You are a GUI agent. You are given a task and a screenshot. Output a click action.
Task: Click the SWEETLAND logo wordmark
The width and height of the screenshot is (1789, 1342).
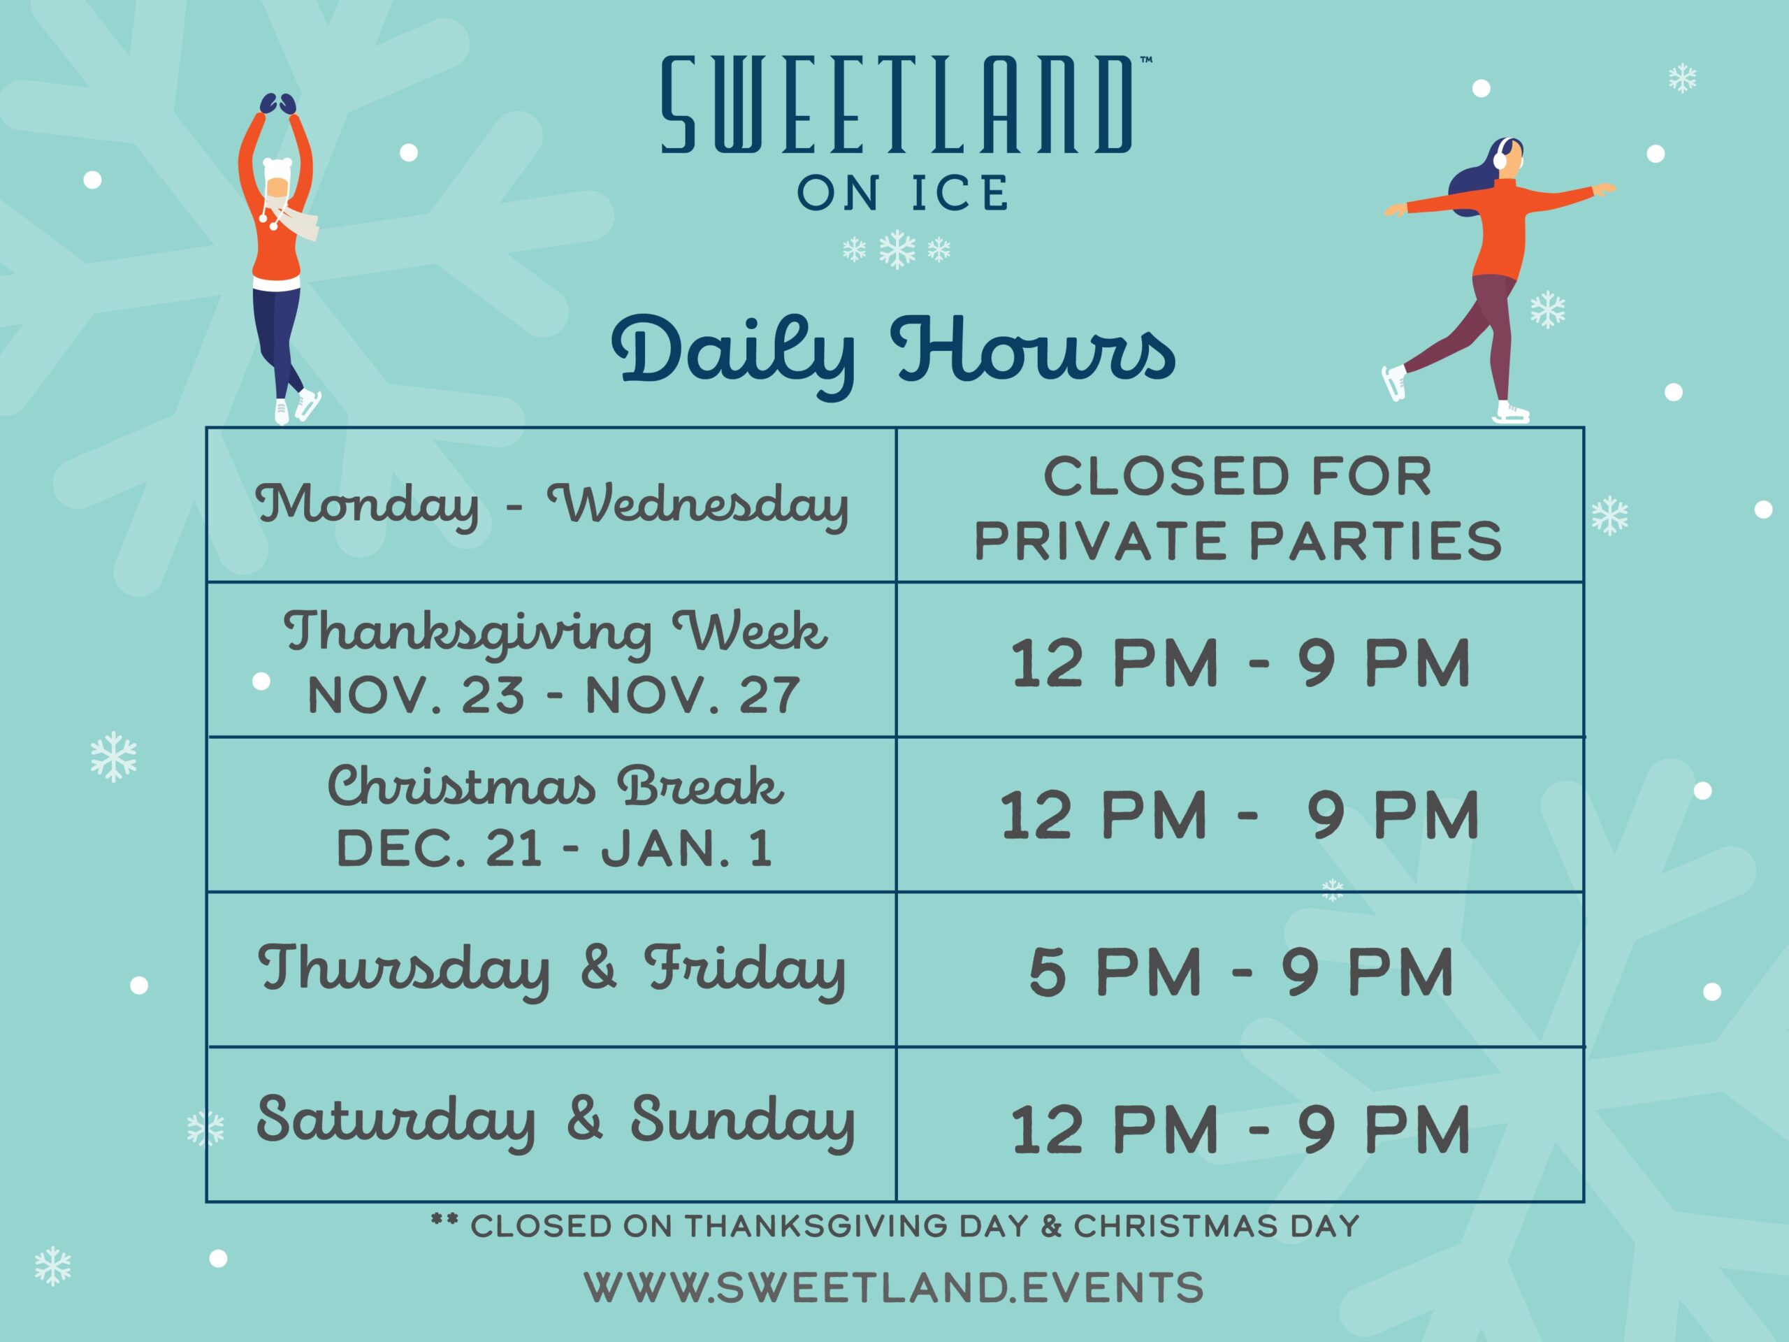(896, 105)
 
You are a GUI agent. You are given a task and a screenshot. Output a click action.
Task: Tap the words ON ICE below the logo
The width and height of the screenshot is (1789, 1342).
(904, 192)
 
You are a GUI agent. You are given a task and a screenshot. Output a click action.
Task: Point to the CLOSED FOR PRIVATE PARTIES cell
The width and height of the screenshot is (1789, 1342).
(1238, 508)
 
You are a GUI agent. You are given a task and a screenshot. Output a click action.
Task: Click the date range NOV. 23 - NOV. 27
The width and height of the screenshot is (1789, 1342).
(554, 695)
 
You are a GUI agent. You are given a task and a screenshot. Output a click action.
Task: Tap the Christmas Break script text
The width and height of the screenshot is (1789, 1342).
(555, 786)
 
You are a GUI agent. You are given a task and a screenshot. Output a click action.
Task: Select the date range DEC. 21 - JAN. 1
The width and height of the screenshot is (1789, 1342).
(554, 849)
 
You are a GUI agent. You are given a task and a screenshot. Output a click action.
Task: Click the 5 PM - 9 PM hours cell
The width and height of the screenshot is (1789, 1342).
(1240, 972)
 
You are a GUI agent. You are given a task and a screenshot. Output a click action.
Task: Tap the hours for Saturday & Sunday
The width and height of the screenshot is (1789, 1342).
(1240, 1130)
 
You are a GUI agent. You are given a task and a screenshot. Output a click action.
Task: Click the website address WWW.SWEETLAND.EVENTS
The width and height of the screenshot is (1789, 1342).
(894, 1287)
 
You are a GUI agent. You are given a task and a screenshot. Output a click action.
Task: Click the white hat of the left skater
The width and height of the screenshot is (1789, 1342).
(276, 171)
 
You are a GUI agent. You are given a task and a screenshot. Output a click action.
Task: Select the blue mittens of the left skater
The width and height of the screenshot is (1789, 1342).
(277, 103)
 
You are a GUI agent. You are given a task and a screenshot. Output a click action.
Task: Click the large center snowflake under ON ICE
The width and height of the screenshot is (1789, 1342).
(897, 249)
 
